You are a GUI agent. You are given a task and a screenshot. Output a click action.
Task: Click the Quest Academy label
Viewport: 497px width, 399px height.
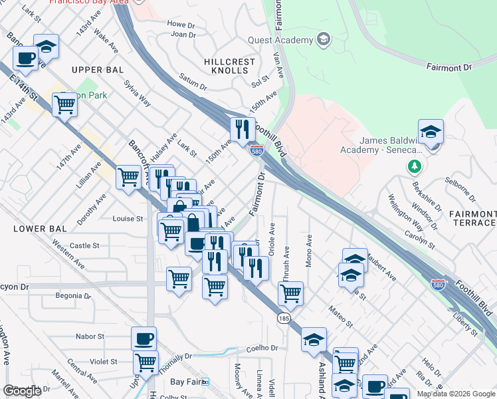coord(281,40)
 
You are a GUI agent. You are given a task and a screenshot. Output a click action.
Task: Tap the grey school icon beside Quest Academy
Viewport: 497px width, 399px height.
coord(324,39)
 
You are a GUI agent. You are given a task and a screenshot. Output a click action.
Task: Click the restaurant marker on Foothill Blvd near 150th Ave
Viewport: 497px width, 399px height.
coord(242,129)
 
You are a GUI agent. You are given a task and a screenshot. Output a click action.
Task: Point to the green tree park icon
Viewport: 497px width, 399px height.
coord(415,165)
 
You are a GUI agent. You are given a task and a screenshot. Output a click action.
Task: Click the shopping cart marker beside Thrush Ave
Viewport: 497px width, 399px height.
coord(290,292)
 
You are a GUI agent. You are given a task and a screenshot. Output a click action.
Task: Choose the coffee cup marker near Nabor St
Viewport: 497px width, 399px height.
coord(144,338)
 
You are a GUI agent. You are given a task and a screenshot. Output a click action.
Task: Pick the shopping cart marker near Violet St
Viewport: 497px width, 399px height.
coord(145,362)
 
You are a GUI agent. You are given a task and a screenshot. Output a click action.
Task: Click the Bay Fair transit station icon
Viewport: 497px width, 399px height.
coord(205,382)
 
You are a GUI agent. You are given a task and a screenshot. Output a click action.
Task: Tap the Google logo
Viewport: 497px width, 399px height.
coord(22,391)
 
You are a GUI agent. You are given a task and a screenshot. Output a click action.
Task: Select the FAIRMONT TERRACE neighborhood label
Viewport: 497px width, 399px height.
coord(472,218)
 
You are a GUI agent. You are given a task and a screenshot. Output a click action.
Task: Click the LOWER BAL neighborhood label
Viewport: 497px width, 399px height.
coord(41,229)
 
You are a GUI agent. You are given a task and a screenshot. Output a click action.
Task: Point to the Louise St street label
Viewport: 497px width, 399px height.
coord(128,219)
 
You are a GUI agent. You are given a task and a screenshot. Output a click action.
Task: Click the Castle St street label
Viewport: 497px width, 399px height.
coord(84,245)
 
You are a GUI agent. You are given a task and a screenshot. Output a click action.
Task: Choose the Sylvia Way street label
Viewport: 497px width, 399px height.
coord(138,93)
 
